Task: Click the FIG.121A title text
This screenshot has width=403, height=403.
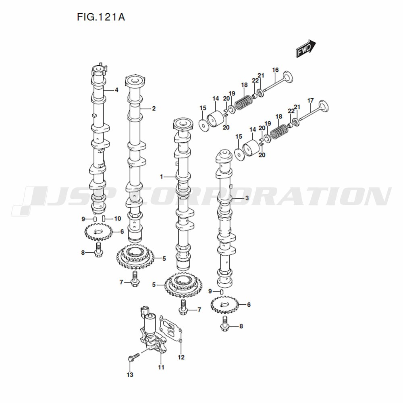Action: click(101, 17)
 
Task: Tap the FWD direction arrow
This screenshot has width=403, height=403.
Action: click(306, 48)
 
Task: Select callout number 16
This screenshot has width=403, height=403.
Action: click(275, 70)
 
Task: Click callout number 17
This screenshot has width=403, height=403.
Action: click(310, 100)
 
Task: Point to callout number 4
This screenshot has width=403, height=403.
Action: click(116, 90)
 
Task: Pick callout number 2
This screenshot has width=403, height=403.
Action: click(154, 108)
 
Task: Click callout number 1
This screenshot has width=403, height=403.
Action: click(162, 177)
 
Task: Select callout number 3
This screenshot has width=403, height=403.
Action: click(247, 198)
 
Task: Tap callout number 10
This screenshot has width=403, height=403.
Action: click(117, 219)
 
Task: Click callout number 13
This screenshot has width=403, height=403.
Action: click(130, 375)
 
